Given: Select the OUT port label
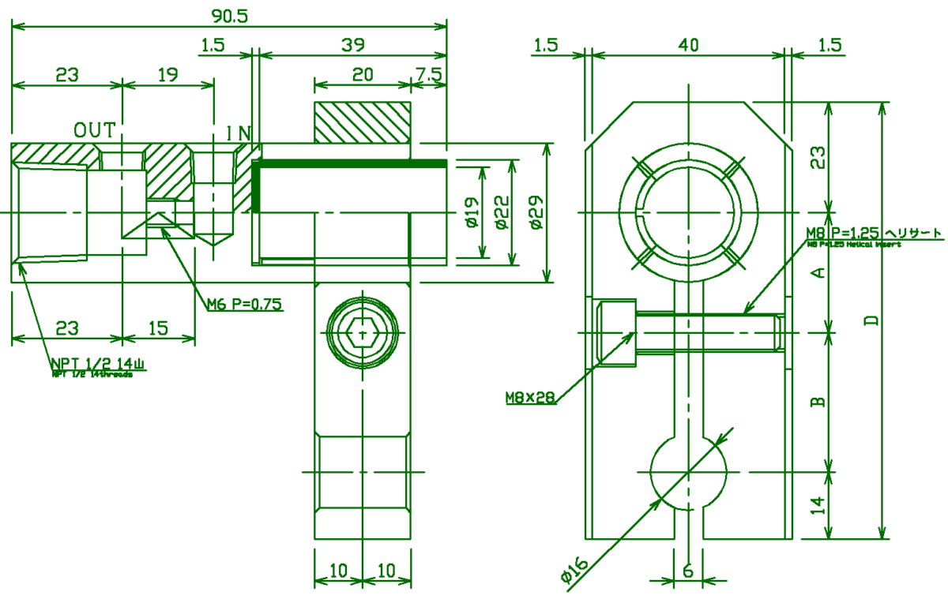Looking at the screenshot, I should tap(95, 129).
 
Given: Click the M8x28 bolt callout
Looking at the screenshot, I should tap(530, 398).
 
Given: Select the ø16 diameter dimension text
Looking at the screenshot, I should tap(575, 571).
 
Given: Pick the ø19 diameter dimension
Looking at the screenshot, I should tap(472, 212).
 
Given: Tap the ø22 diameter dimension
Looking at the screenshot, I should tap(503, 212).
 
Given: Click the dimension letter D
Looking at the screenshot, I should tap(871, 320).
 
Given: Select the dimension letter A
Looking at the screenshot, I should tap(819, 273).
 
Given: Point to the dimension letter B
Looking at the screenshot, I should tap(819, 401).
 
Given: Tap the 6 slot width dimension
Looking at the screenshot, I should tap(687, 570).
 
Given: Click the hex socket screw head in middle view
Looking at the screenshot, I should tap(363, 334).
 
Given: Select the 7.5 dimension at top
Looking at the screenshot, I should tap(429, 75).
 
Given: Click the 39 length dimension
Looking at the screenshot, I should tap(352, 46).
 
